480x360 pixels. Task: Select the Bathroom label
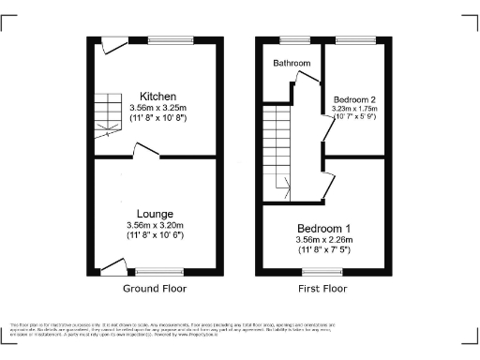coord(292,64)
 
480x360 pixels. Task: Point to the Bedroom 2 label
coord(347,98)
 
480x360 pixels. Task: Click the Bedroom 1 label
coord(324,229)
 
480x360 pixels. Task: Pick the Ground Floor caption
coord(155,289)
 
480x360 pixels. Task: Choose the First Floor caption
coord(323,289)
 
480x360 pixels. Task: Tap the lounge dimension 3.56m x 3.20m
coord(156,226)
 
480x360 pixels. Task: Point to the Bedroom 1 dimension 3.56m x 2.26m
coord(324,240)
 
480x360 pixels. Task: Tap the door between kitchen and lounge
coord(146,150)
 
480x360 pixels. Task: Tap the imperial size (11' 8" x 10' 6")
coord(156,237)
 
